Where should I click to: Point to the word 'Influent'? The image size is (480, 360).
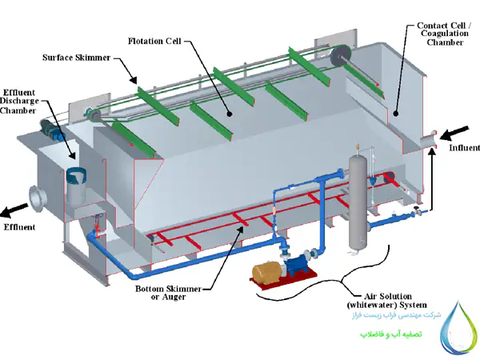coord(464,148)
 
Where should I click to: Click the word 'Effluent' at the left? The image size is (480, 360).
coord(19,228)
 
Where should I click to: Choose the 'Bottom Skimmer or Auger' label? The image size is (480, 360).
coord(171,292)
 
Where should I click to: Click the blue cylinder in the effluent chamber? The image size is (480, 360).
coord(78,184)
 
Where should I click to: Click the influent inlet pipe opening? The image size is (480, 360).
coord(436,137)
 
